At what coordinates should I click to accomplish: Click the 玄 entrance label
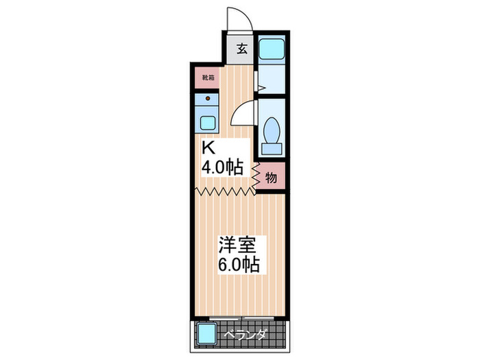242,49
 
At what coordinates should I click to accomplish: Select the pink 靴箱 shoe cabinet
208,77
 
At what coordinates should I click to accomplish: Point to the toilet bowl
272,130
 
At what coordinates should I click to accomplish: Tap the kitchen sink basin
207,123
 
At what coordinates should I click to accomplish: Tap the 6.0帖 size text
239,265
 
